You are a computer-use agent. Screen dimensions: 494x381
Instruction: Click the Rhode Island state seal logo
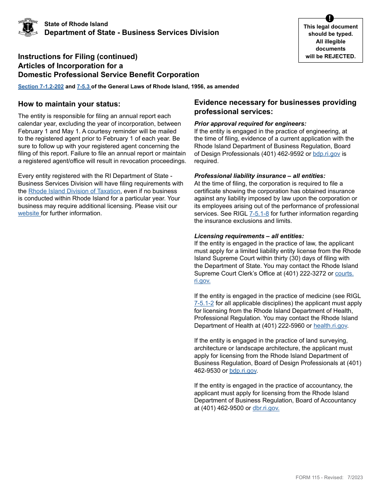pos(28,27)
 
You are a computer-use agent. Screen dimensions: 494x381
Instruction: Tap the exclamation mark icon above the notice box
pos(330,18)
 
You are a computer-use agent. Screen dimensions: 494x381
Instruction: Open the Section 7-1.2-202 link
pos(41,86)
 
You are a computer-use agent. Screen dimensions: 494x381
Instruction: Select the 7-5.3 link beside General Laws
pos(83,86)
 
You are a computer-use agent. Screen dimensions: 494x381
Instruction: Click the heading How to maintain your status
pos(69,104)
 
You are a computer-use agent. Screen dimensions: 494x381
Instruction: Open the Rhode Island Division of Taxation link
pos(74,191)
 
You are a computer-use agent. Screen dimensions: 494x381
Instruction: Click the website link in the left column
pos(29,213)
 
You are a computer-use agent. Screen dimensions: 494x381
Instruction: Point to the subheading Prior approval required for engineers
pos(250,124)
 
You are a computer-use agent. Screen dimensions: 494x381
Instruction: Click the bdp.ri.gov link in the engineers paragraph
pos(326,154)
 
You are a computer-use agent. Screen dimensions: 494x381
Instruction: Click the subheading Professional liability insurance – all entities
pos(260,176)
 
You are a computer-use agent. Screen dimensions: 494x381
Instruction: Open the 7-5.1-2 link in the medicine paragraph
pos(204,303)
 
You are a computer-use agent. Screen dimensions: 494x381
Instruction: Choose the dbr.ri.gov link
pos(266,408)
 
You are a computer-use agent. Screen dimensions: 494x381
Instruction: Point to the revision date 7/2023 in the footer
pos(355,478)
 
